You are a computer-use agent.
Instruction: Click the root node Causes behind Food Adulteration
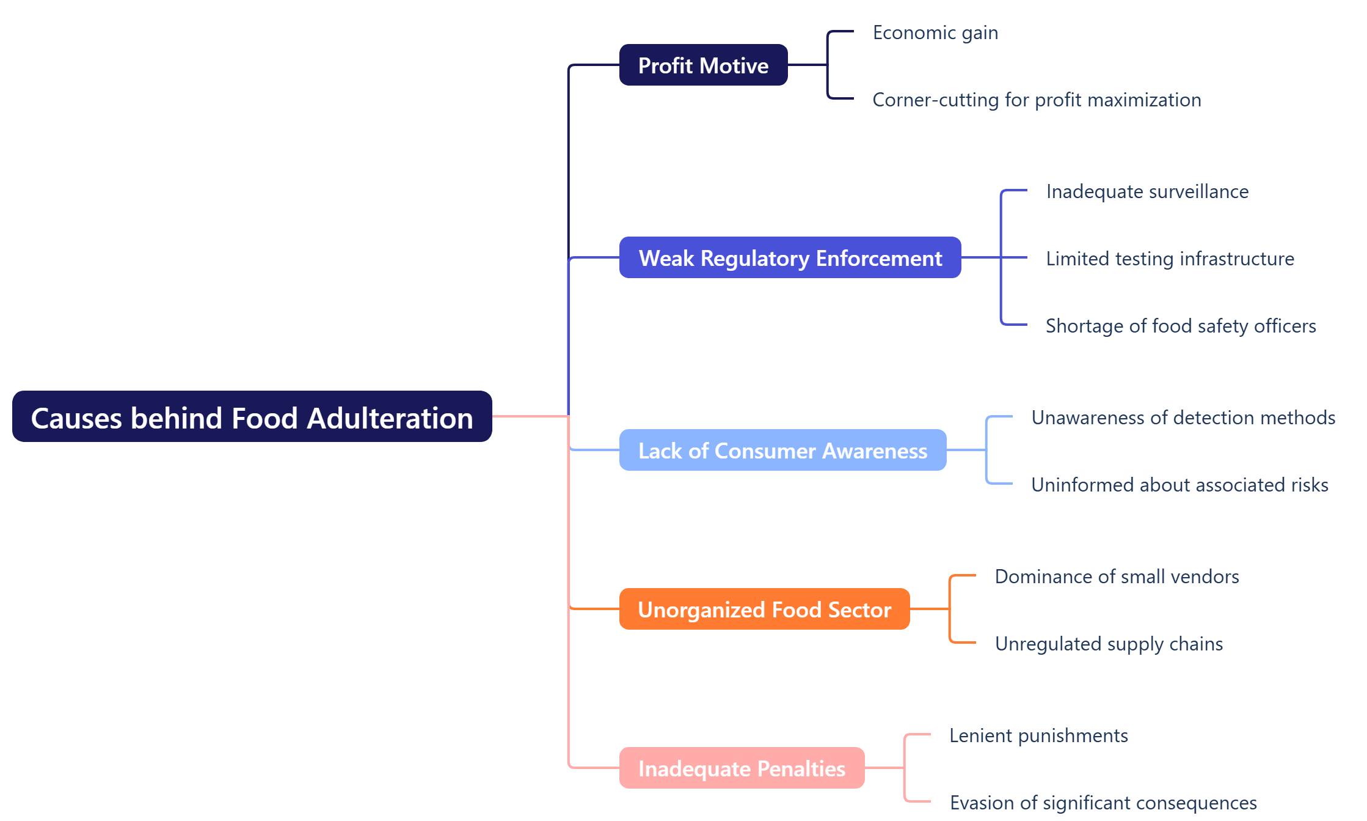[252, 417]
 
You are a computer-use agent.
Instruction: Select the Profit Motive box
[703, 65]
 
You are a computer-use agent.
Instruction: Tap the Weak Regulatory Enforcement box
[790, 257]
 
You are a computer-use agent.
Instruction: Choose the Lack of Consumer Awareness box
[782, 450]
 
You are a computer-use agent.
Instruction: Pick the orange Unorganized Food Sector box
[764, 609]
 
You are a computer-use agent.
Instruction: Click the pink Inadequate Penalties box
[742, 768]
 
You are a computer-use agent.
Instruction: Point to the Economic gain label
[935, 32]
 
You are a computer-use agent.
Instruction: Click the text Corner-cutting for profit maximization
[1037, 100]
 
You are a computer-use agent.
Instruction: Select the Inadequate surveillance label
[1147, 191]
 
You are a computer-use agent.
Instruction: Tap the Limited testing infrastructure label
[1170, 259]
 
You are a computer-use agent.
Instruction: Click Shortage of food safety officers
[1181, 326]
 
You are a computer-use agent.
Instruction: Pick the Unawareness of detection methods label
[1183, 418]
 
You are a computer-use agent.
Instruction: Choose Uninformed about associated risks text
[1179, 485]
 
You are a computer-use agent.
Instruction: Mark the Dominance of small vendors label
[1117, 576]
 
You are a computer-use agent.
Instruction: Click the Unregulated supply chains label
[1109, 644]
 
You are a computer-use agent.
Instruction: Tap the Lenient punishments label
[1038, 735]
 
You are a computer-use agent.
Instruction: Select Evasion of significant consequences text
[1103, 803]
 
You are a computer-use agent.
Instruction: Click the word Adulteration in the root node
[390, 418]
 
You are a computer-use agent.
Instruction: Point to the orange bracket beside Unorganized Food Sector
[950, 609]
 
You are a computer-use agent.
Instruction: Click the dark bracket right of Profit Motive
[828, 65]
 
